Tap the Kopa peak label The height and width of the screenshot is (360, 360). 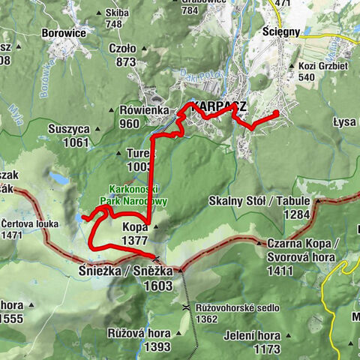(135, 226)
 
